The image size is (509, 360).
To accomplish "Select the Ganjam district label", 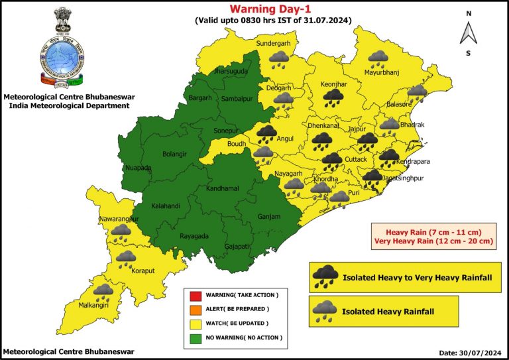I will coord(269,217).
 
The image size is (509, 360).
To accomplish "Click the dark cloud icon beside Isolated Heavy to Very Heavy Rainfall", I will coord(326,276).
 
